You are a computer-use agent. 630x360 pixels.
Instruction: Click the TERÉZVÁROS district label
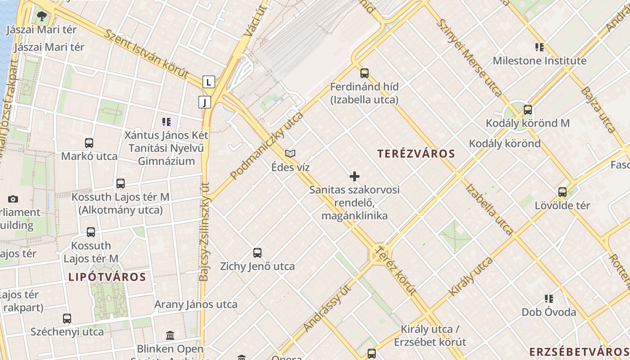pyautogui.click(x=416, y=154)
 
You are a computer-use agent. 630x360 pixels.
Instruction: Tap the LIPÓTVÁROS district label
pyautogui.click(x=107, y=277)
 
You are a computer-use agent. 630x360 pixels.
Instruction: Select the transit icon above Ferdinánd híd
pyautogui.click(x=364, y=73)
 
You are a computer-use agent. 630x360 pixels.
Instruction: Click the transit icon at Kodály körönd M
pyautogui.click(x=527, y=110)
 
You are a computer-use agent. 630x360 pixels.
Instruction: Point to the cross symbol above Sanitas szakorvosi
pyautogui.click(x=355, y=176)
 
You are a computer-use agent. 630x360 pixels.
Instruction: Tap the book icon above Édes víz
pyautogui.click(x=290, y=154)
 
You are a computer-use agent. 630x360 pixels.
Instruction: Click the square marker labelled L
pyautogui.click(x=208, y=82)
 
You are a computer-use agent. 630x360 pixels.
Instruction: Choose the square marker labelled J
pyautogui.click(x=205, y=102)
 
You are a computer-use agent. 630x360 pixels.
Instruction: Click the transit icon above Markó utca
pyautogui.click(x=89, y=143)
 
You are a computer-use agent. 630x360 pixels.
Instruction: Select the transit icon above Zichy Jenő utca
pyautogui.click(x=257, y=253)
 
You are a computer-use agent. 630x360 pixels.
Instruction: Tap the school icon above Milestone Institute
pyautogui.click(x=539, y=47)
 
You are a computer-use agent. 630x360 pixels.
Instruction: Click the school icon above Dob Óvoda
pyautogui.click(x=549, y=299)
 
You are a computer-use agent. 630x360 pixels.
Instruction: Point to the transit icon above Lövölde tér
pyautogui.click(x=562, y=192)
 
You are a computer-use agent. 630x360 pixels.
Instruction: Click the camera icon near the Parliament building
pyautogui.click(x=13, y=199)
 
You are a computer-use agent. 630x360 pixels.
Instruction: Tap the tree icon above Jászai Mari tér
pyautogui.click(x=42, y=17)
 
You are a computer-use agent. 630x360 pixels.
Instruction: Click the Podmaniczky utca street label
pyautogui.click(x=266, y=146)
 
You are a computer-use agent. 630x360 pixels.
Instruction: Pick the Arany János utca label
pyautogui.click(x=196, y=304)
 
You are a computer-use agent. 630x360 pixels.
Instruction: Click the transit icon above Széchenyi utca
pyautogui.click(x=67, y=319)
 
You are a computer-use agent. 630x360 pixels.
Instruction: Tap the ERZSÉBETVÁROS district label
pyautogui.click(x=579, y=352)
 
